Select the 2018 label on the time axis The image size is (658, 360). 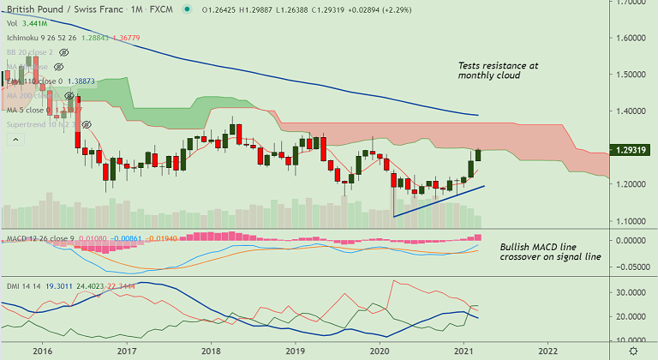211,351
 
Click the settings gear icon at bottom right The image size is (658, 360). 631,351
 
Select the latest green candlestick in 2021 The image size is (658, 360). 478,154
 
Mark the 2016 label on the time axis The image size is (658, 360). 43,351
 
